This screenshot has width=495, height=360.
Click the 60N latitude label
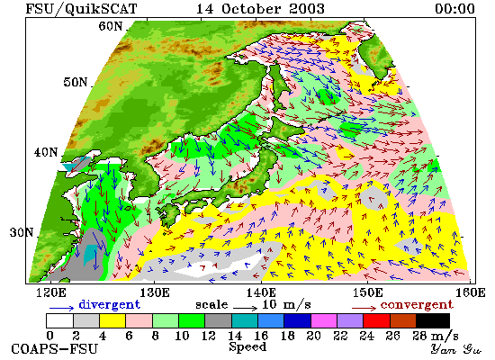point(110,26)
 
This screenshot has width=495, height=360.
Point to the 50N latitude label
point(75,82)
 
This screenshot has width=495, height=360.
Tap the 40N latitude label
point(46,152)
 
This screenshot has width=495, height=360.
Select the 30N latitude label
point(22,232)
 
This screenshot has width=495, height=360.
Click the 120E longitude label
point(51,292)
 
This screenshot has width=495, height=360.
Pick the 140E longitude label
point(261,292)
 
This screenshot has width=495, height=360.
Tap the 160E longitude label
point(471,292)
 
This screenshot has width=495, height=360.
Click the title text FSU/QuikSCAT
point(81,8)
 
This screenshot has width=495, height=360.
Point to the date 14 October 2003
point(260,8)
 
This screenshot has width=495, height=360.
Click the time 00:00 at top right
point(454,8)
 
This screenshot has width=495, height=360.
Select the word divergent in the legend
point(109,304)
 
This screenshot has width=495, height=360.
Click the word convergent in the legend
point(417,305)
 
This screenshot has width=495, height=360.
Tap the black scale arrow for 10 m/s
point(246,307)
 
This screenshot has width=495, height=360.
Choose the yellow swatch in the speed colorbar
point(112,320)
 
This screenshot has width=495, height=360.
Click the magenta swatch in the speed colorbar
point(324,320)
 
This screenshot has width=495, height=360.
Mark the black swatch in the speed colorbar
point(433,320)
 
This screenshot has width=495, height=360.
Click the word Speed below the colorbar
point(247,346)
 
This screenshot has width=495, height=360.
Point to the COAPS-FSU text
point(55,349)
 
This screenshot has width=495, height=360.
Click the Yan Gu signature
point(456,349)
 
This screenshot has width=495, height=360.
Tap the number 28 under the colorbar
point(420,336)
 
